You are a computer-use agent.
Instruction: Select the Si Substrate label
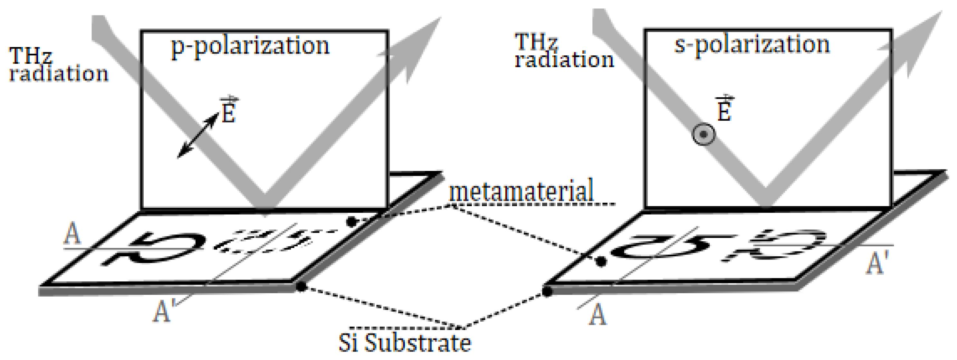(x=405, y=343)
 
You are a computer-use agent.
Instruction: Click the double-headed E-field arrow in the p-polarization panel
(x=198, y=136)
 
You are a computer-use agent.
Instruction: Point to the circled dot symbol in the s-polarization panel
(x=703, y=135)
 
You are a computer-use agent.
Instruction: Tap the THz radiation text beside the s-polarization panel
(x=564, y=52)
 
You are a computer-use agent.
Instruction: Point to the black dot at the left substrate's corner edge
(x=301, y=287)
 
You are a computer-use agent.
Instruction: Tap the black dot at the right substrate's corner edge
(x=547, y=291)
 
